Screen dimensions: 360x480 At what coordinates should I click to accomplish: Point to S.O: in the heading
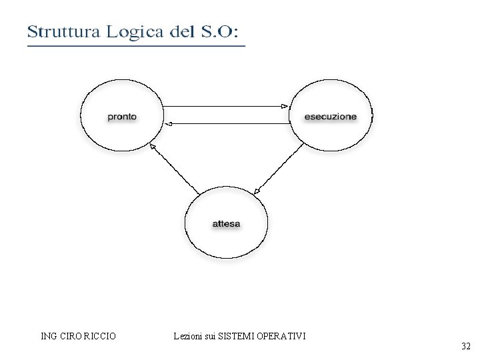tap(223, 31)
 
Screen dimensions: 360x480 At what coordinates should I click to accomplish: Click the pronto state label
tap(122, 117)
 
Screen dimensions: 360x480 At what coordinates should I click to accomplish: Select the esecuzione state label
tap(330, 117)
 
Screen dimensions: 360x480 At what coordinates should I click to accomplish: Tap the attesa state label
tap(226, 223)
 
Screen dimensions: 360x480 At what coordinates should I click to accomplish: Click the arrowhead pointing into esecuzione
tap(285, 107)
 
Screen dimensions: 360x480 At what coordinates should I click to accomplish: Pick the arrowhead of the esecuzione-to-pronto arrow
tap(169, 123)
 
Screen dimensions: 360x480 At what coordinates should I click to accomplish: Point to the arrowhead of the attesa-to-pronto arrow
tap(153, 147)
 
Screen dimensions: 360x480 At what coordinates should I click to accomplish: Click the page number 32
tap(465, 346)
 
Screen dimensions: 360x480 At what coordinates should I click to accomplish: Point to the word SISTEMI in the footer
tap(235, 336)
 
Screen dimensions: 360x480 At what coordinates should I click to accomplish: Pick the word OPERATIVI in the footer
tap(283, 336)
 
